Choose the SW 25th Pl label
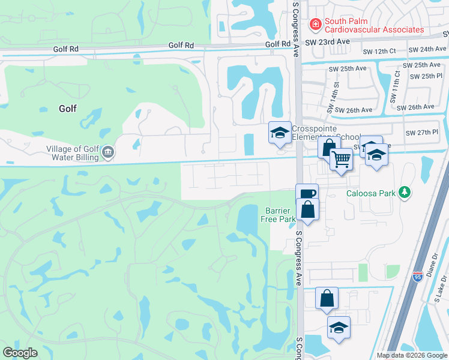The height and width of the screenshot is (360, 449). coord(427,76)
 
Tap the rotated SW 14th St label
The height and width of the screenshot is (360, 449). coord(333,98)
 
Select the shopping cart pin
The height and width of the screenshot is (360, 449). coord(342,159)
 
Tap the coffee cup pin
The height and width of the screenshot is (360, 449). coord(307,194)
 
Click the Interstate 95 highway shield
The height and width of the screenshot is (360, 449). coord(418,276)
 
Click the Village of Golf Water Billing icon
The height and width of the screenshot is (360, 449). coord(108,152)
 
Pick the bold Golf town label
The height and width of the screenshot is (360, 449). coord(68,109)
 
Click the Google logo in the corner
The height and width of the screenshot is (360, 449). coord(20,353)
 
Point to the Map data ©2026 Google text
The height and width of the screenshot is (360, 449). coord(411,355)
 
